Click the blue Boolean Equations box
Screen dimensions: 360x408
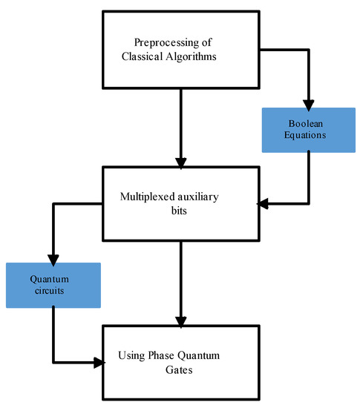coord(309,130)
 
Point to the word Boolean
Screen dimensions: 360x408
coord(306,123)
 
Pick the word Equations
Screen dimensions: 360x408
coord(305,135)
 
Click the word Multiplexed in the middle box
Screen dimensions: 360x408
coord(146,197)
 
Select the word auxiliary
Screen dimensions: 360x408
coord(197,197)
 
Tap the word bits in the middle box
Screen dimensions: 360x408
coord(179,211)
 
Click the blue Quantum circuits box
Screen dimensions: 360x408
coord(53,285)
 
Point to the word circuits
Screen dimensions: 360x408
coord(50,291)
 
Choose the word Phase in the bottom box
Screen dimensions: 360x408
coord(161,355)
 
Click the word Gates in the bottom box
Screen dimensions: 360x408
coord(179,369)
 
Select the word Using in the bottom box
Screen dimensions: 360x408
coord(131,355)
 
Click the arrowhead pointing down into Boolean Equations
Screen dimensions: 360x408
coord(309,105)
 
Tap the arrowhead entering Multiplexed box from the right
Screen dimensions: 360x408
coord(263,203)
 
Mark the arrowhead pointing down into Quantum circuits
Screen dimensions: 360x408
coord(53,260)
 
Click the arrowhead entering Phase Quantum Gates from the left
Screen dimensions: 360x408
coord(99,363)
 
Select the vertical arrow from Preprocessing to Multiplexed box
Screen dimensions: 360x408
coord(181,129)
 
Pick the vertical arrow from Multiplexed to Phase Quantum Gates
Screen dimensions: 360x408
coord(181,284)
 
